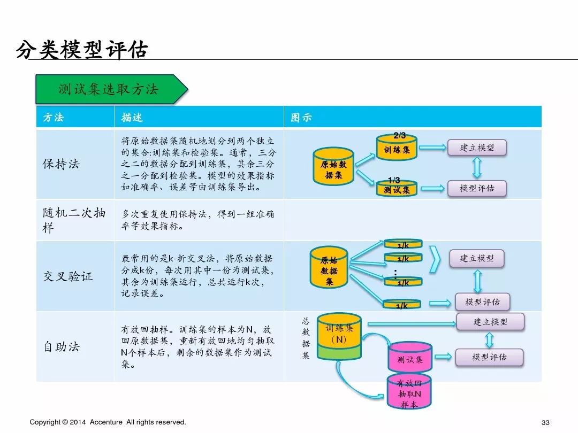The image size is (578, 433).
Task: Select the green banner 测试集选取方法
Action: [x=109, y=89]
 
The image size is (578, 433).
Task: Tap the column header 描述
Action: [x=132, y=118]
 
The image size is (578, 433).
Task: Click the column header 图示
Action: [x=301, y=118]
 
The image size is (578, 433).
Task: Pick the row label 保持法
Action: [x=60, y=164]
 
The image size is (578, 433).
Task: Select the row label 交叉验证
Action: [x=67, y=276]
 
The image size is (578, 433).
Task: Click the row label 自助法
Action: [x=61, y=346]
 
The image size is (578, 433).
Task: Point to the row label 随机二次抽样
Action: [x=74, y=220]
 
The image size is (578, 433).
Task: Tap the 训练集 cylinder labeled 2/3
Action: [x=397, y=149]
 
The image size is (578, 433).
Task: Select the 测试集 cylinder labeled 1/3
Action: [x=397, y=188]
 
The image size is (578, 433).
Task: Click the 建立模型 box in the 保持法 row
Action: [x=477, y=148]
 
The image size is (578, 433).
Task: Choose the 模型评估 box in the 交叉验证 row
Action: [x=482, y=302]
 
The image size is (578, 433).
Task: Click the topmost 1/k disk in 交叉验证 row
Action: [x=403, y=244]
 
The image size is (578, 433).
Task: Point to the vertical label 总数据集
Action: [x=306, y=338]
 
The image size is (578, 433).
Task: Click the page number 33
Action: [x=546, y=422]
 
